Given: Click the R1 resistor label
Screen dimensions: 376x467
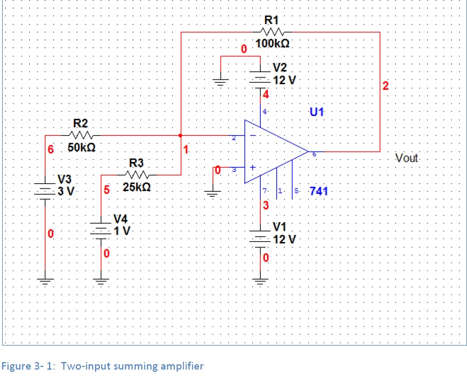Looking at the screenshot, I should coord(272,20).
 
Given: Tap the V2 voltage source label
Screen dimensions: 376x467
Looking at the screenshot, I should coord(279,68).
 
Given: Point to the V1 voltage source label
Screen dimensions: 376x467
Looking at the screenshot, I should coord(279,226).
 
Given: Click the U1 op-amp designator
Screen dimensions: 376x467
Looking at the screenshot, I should coord(317,112).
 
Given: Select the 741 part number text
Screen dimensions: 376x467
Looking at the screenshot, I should coord(319,191).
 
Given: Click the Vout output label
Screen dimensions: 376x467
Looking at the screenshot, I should coord(407,158).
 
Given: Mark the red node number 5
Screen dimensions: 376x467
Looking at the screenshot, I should coord(106,189).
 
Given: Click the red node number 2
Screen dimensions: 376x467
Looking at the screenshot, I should coord(386,86).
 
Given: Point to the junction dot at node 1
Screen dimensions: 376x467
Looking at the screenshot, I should coord(181,136).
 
